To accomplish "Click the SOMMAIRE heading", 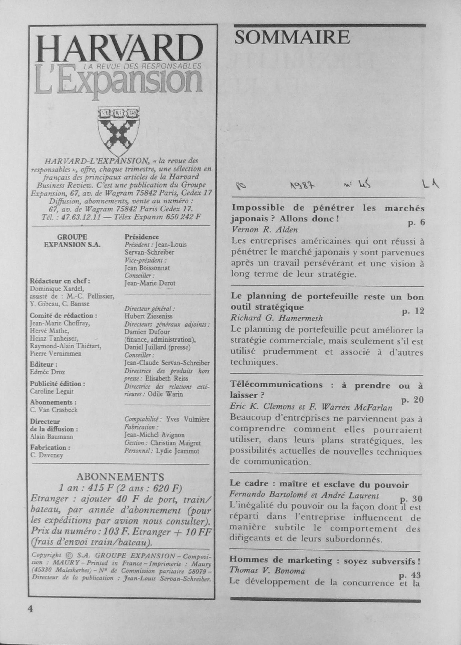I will click(292, 38).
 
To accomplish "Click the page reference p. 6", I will click(416, 223).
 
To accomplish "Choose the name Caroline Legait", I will click(52, 391).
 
